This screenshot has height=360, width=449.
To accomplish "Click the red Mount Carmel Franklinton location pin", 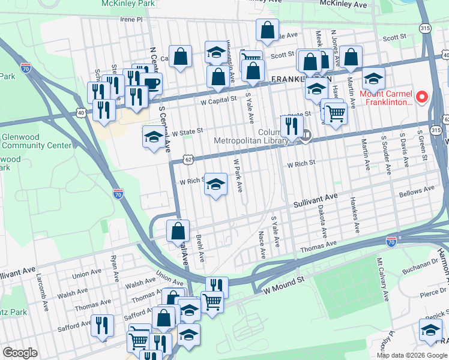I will coord(421,97).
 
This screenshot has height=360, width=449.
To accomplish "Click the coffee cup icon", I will coord(151,83).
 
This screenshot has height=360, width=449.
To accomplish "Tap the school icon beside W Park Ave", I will coord(215,184).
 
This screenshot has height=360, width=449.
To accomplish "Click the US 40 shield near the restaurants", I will coord(81,112).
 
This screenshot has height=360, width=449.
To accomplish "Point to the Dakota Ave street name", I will coord(323,221).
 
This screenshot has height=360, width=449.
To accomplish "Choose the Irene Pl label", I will coord(132,19).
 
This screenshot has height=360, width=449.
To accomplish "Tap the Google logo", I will coord(20,353).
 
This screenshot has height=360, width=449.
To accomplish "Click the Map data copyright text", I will coord(411,355).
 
